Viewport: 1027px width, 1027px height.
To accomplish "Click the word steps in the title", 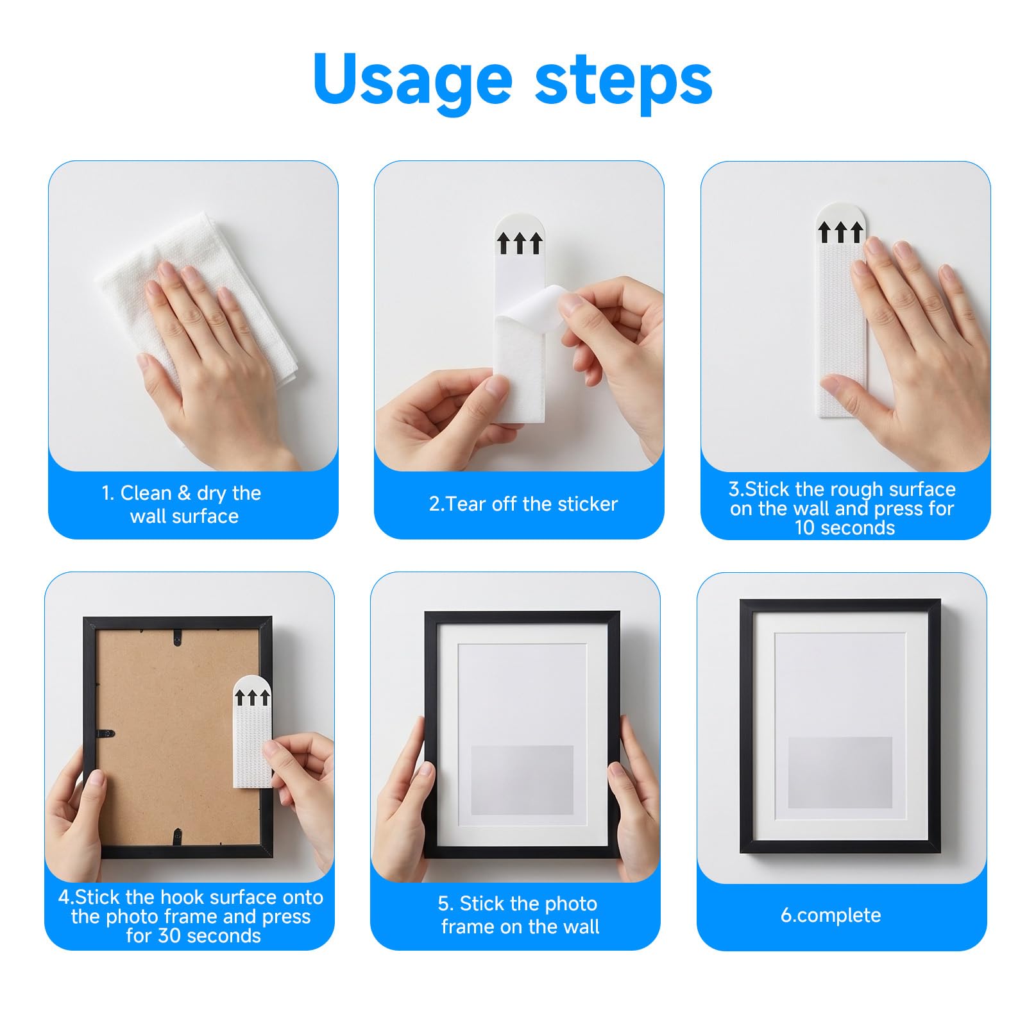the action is [x=624, y=79].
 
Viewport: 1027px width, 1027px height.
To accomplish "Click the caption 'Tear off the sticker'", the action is [x=523, y=504].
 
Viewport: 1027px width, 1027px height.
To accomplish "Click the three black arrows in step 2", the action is [x=520, y=243].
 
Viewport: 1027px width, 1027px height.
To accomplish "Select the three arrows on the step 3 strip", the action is [x=840, y=232].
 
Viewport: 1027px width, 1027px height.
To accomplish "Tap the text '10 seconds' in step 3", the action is [x=845, y=528].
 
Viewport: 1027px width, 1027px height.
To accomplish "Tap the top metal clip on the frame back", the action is [x=177, y=637].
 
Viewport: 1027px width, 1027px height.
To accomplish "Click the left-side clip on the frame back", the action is [x=105, y=733].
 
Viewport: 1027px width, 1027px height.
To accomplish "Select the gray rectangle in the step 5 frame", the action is [x=522, y=780].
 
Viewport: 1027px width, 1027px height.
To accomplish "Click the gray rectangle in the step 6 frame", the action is [x=840, y=772].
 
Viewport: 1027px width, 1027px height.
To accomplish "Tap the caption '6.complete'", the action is [x=831, y=915].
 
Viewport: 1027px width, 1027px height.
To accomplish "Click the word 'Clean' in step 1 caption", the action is [x=146, y=493].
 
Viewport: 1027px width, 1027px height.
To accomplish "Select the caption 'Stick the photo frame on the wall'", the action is [x=519, y=915].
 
